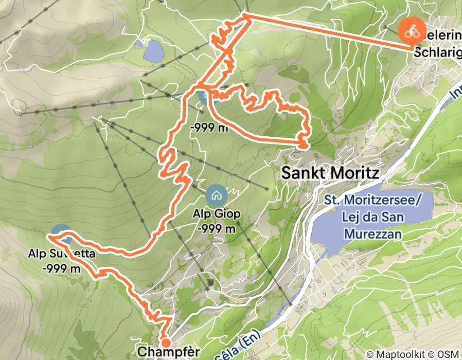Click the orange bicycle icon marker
coord(412,31)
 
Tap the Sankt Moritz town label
coord(330,173)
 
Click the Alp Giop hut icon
coord(215,195)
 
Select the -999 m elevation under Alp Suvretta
coord(62,268)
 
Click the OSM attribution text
coord(449,354)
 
